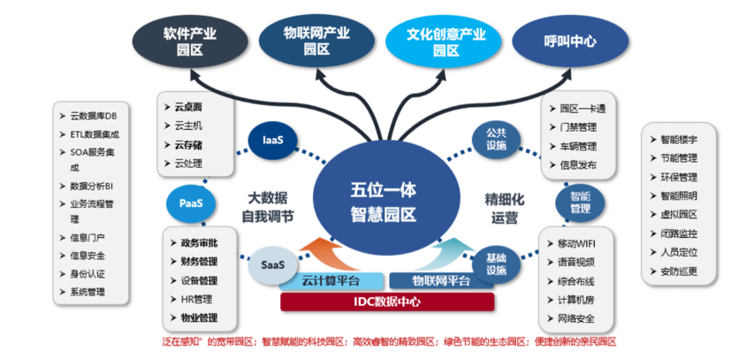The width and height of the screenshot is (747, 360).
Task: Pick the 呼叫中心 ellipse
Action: [570, 41]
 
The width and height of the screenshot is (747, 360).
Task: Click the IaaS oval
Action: [272, 139]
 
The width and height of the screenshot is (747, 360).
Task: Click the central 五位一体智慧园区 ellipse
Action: [383, 201]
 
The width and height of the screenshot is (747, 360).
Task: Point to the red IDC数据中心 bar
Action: [387, 302]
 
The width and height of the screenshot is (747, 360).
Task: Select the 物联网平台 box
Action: [441, 281]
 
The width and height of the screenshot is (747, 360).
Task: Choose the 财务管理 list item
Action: [199, 262]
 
